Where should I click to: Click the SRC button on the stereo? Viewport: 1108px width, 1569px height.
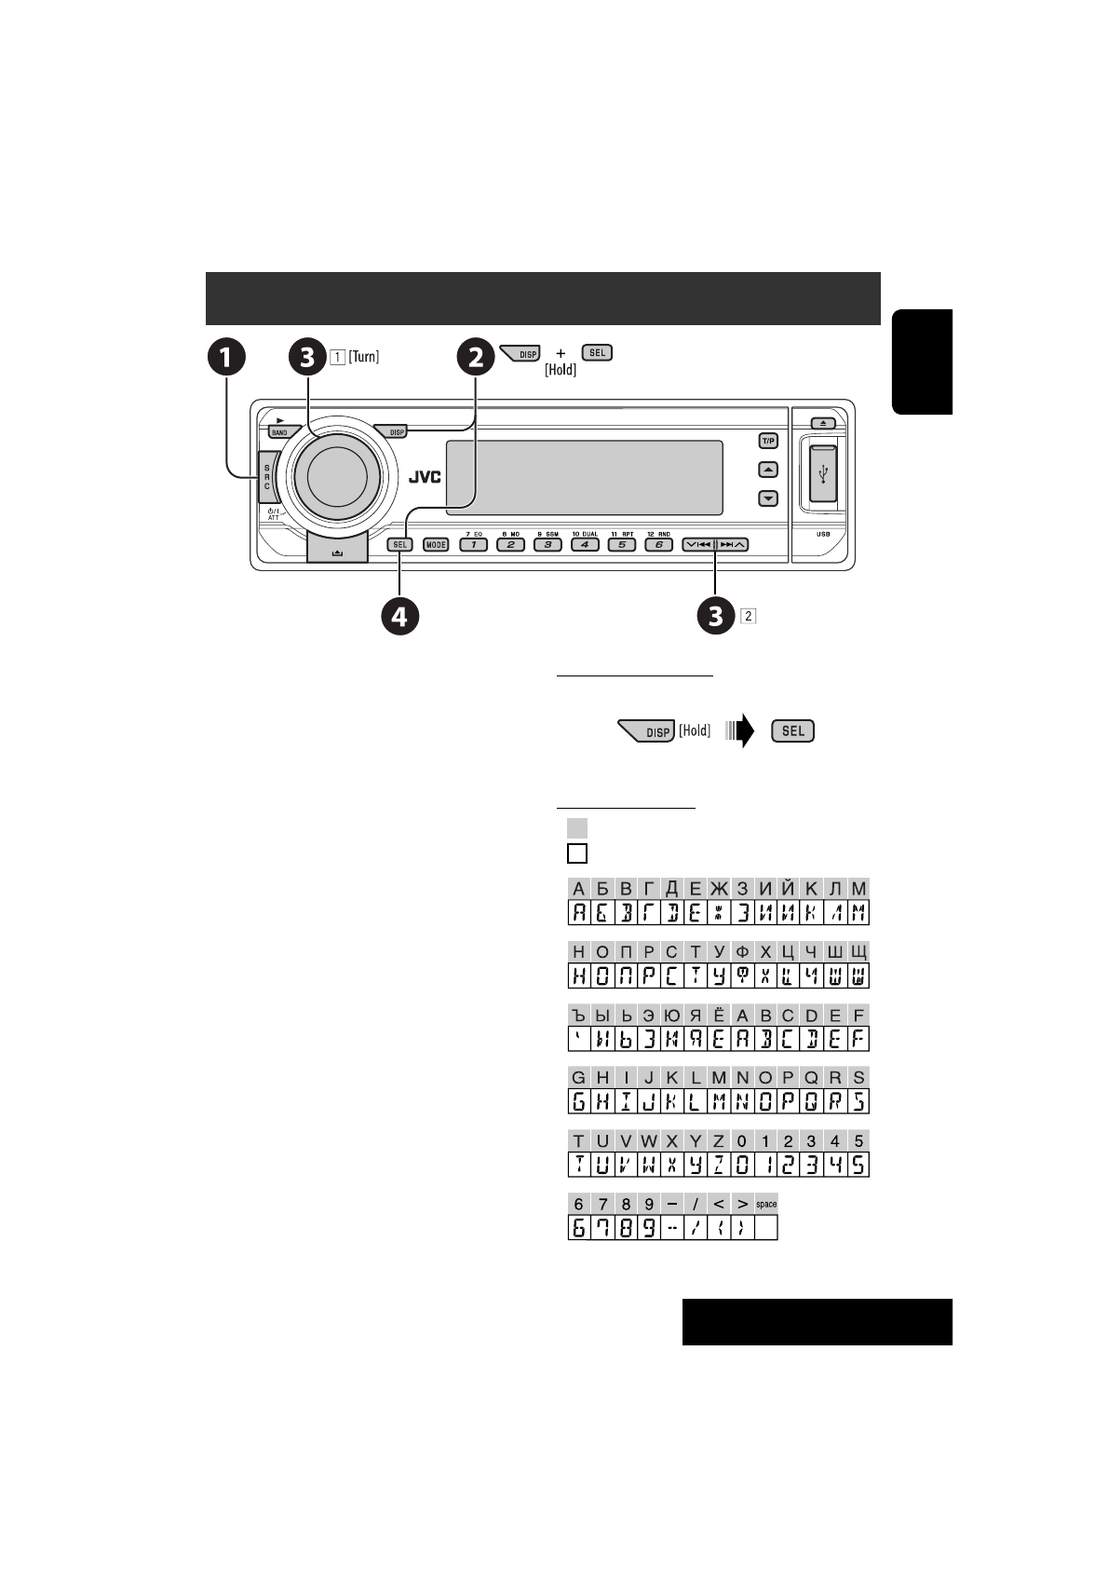(x=265, y=477)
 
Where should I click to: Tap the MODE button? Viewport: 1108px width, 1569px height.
(x=436, y=545)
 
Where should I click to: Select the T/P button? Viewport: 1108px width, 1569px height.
(x=768, y=441)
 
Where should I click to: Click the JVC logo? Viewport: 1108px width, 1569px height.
(x=424, y=477)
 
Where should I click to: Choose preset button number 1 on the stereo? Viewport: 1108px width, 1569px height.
(x=473, y=545)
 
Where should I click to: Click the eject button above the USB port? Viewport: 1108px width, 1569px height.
(x=816, y=422)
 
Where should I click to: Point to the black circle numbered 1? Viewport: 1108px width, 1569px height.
(x=226, y=357)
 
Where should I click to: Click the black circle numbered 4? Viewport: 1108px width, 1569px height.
(x=399, y=617)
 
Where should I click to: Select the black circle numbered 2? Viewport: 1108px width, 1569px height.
(x=475, y=357)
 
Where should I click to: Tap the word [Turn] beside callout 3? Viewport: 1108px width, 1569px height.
(x=363, y=357)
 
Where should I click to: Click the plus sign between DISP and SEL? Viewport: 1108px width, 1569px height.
(x=561, y=353)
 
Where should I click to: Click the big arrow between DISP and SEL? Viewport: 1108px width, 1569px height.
(x=741, y=731)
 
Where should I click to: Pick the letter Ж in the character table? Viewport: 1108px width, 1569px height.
(x=719, y=889)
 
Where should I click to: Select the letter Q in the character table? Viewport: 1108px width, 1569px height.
(x=812, y=1078)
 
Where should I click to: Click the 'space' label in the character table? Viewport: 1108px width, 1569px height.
(x=766, y=1204)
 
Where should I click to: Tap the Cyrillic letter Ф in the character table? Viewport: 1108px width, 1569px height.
(x=742, y=952)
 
